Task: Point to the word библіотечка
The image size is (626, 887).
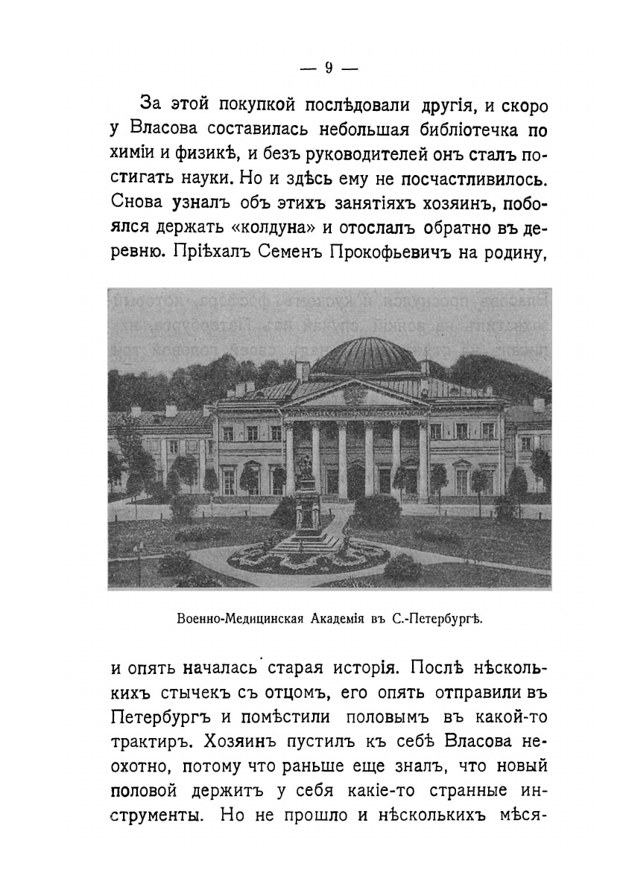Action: [469, 131]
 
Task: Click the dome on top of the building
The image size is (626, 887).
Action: [365, 357]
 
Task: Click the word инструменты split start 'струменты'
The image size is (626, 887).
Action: [156, 814]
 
